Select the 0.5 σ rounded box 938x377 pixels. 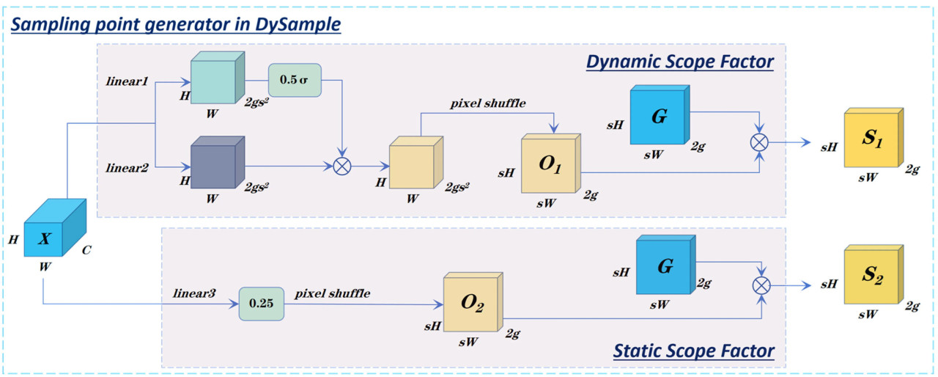pyautogui.click(x=295, y=79)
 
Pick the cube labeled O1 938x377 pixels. pyautogui.click(x=550, y=164)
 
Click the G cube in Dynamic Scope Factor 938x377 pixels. pyautogui.click(x=659, y=116)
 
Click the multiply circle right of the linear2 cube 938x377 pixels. pyautogui.click(x=341, y=166)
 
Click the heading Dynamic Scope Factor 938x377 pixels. pyautogui.click(x=679, y=62)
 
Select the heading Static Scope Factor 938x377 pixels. pyautogui.click(x=693, y=351)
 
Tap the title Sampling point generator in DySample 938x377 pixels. pyautogui.click(x=175, y=24)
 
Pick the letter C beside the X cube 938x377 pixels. pyautogui.click(x=86, y=249)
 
